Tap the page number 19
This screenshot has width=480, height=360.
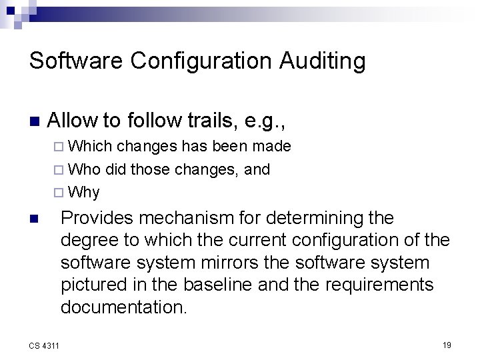coord(447,345)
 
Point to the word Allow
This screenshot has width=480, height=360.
coord(73,121)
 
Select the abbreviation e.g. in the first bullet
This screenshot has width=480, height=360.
coord(266,121)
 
